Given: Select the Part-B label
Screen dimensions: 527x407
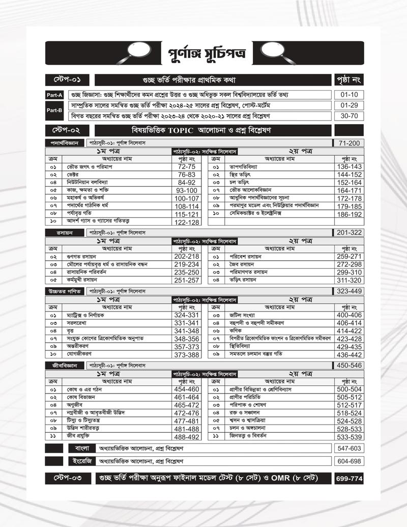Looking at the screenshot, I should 53,110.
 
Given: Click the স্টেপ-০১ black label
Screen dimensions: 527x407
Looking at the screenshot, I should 68,80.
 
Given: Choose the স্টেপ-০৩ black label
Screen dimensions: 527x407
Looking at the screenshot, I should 68,479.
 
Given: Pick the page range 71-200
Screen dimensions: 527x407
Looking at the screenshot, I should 348,143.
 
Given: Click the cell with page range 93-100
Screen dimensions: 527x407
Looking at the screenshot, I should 187,190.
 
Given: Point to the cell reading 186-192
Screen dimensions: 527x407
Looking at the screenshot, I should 348,214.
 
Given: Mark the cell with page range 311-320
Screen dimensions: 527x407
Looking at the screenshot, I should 348,280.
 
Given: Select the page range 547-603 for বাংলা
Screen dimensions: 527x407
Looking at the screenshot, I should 348,448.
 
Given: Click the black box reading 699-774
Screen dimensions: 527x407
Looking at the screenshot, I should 348,479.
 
